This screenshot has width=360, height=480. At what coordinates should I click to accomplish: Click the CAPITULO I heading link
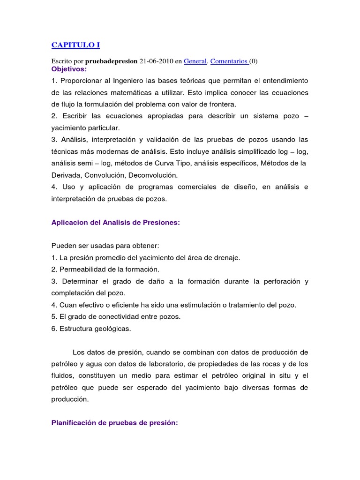click(75, 45)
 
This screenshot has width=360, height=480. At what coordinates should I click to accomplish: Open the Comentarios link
click(229, 61)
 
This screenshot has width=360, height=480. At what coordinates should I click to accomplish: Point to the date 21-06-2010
click(156, 61)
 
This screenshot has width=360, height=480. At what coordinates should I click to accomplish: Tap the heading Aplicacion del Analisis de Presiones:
click(115, 223)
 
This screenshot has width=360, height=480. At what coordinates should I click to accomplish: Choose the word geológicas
click(112, 329)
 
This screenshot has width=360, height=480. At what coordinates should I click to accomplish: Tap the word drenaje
click(227, 258)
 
